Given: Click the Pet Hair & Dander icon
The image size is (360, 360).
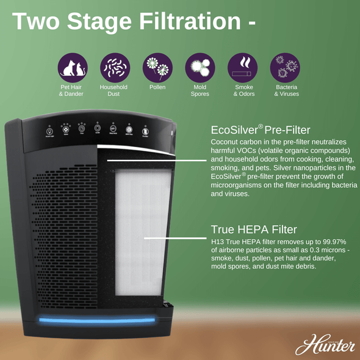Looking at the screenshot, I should click(x=73, y=67).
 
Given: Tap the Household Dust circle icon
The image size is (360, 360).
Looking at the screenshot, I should click(x=113, y=67).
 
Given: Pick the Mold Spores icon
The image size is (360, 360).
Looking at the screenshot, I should click(x=200, y=67).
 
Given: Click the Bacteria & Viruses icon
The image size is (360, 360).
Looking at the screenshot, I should click(x=286, y=67).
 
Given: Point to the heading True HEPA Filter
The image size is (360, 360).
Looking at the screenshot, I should click(x=254, y=229).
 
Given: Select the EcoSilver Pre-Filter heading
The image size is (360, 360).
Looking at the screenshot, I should click(x=261, y=130).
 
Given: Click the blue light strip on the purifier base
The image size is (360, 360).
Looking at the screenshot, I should click(x=98, y=319).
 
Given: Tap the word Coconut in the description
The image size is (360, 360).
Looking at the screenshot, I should click(x=227, y=142).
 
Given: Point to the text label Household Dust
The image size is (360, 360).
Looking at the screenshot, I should click(x=113, y=91).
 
